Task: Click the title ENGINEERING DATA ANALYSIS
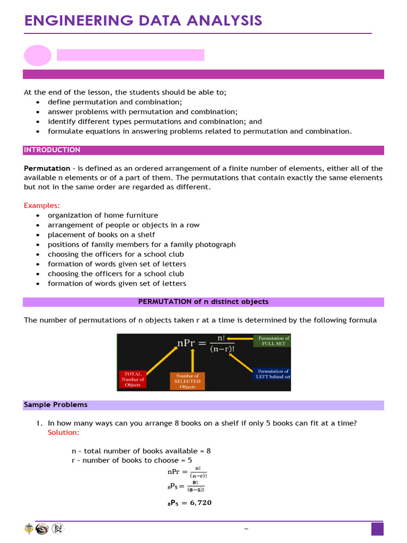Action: (x=143, y=21)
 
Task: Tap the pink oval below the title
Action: (x=38, y=55)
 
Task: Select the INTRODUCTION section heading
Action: (x=52, y=150)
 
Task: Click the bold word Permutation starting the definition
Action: (x=47, y=168)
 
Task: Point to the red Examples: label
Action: (x=42, y=205)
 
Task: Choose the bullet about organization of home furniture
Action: (x=103, y=215)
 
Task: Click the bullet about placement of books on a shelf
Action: (x=101, y=234)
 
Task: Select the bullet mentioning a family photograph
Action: (x=141, y=244)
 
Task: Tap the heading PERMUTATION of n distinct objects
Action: (x=203, y=302)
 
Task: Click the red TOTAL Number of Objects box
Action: (x=132, y=379)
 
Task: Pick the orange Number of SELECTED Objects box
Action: (x=187, y=381)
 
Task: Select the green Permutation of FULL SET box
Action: (x=273, y=340)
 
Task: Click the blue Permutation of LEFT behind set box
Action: (x=272, y=374)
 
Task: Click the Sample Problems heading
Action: (x=56, y=405)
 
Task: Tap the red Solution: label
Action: (x=64, y=433)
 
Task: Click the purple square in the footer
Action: (x=377, y=529)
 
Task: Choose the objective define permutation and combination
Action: (x=115, y=102)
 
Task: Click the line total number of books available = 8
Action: (x=141, y=451)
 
